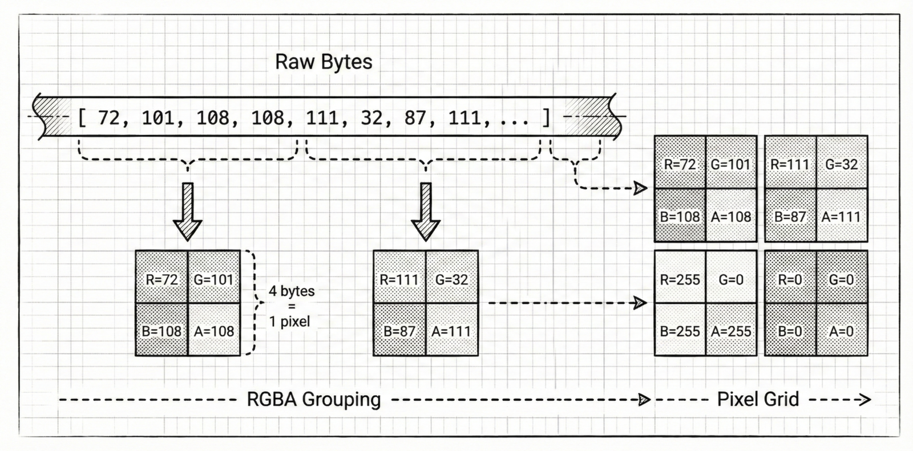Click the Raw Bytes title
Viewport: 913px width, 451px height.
click(324, 62)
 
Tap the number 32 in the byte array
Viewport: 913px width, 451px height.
click(371, 118)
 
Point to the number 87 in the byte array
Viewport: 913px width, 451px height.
click(415, 118)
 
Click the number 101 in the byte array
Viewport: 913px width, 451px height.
click(157, 118)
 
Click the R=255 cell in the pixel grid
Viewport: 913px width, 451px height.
click(680, 279)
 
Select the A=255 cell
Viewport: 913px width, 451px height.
click(731, 331)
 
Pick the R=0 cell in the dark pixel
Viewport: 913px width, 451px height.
click(790, 279)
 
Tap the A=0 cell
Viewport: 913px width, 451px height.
click(841, 331)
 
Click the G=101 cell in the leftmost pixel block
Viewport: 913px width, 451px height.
click(214, 279)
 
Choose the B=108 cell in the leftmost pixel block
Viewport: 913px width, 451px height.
click(161, 331)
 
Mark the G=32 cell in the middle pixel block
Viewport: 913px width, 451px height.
click(451, 279)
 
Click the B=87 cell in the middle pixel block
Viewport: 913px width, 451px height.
click(399, 331)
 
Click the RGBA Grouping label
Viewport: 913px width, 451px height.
click(313, 399)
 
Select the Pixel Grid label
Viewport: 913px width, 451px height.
click(758, 399)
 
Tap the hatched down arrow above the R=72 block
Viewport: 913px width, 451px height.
click(187, 211)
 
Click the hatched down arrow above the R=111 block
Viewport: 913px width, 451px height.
click(426, 211)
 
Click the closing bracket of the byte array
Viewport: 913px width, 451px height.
click(546, 118)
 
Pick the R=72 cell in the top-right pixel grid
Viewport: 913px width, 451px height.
click(680, 165)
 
